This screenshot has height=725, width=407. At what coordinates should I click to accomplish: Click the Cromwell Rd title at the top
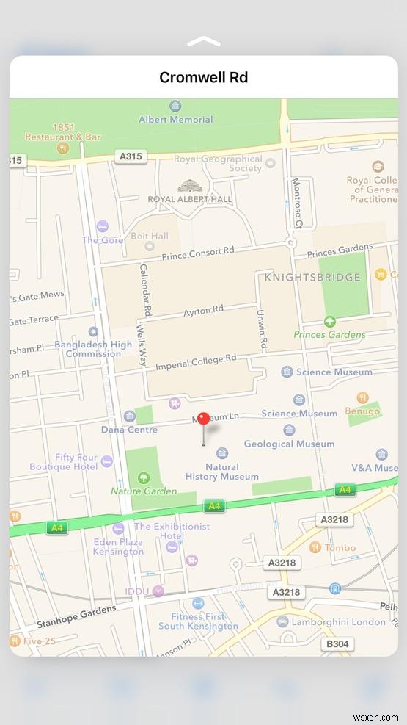[x=203, y=77]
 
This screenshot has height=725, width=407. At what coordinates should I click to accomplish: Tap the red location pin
[x=204, y=419]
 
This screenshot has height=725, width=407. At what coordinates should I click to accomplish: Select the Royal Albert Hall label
[x=189, y=198]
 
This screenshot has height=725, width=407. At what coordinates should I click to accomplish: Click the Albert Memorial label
[x=176, y=119]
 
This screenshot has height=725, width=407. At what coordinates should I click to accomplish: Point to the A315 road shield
[x=131, y=156]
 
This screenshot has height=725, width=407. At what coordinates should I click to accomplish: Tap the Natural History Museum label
[x=222, y=472]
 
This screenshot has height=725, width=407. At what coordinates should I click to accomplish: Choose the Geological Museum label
[x=289, y=444]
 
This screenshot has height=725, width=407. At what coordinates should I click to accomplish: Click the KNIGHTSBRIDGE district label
[x=312, y=277]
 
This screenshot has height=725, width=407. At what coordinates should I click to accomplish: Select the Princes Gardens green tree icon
[x=330, y=321]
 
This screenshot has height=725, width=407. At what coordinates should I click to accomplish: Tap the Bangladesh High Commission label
[x=93, y=348]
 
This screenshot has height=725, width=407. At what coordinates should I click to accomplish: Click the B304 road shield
[x=337, y=644]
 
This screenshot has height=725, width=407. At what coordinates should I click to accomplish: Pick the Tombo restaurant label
[x=340, y=547]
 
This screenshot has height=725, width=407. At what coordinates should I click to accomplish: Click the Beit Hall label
[x=150, y=236]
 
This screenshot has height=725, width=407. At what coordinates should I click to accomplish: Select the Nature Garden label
[x=144, y=491]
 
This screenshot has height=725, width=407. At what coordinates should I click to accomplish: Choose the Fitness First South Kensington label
[x=198, y=621]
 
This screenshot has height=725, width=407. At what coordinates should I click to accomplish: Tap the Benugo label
[x=362, y=411]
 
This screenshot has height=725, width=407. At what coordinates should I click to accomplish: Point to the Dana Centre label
[x=129, y=430]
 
